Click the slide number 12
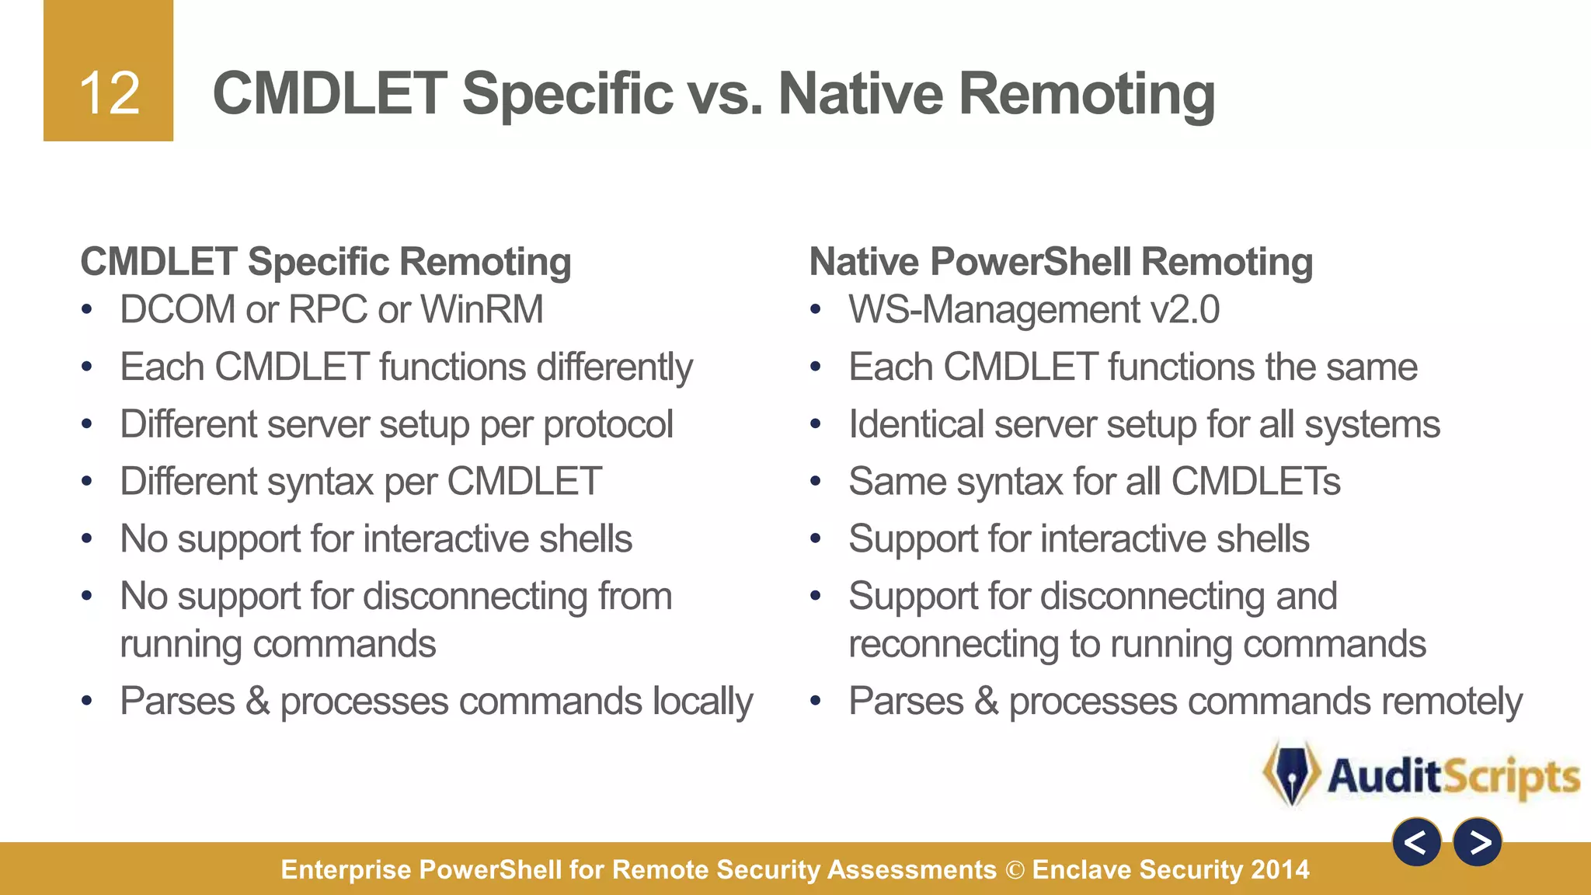point(109,94)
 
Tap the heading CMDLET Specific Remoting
point(326,262)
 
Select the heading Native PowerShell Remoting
point(1060,262)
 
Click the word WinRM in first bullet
point(482,310)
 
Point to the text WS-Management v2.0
point(1033,310)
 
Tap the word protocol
point(608,425)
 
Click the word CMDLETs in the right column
point(1255,482)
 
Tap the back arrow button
point(1416,842)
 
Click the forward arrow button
point(1477,842)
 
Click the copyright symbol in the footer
point(1015,870)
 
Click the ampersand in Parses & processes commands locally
point(257,702)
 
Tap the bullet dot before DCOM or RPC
point(87,311)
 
